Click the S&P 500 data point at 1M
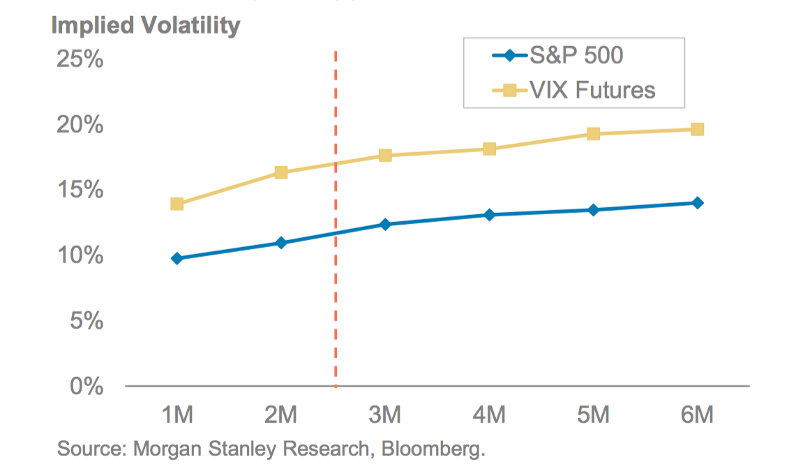click(x=177, y=258)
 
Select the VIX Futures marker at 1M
click(x=177, y=204)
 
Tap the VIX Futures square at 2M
click(x=281, y=172)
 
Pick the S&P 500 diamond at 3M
click(x=385, y=224)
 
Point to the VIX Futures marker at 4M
click(x=489, y=149)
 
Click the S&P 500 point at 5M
click(x=593, y=209)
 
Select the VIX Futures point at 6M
click(x=697, y=129)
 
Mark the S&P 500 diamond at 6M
click(x=697, y=202)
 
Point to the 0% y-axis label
click(x=87, y=386)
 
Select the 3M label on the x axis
click(x=384, y=415)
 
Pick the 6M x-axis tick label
click(x=696, y=415)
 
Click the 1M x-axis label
click(x=177, y=415)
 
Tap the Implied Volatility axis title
click(x=146, y=26)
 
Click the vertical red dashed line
click(x=336, y=279)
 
